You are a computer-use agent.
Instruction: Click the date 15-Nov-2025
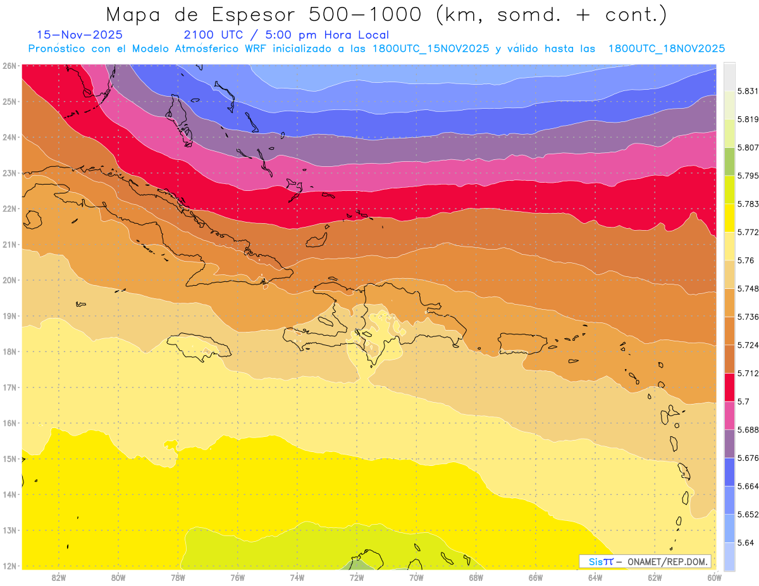80,35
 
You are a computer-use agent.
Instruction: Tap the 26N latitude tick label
9,66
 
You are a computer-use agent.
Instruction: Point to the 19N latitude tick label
9,316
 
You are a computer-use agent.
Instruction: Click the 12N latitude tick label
9,566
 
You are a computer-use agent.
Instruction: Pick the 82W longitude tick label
59,577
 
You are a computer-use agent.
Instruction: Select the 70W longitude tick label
416,577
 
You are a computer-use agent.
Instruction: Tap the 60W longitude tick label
715,577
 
